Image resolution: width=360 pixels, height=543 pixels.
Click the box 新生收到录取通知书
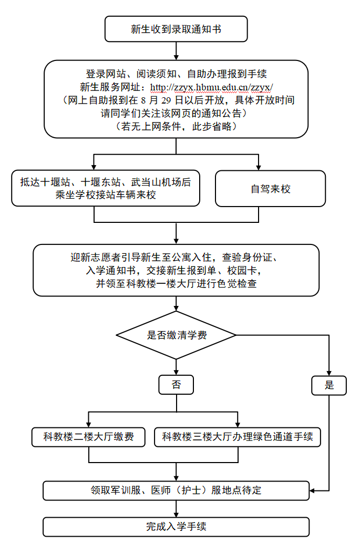point(176,29)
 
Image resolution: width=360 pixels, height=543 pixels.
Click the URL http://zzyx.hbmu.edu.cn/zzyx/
point(211,87)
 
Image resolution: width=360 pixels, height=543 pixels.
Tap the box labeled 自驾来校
point(270,189)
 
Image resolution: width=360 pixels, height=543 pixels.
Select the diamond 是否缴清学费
point(176,335)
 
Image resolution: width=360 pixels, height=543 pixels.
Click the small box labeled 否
point(176,384)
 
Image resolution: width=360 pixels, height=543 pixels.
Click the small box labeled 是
point(329,385)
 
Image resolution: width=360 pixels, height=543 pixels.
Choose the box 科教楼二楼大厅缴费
point(89,437)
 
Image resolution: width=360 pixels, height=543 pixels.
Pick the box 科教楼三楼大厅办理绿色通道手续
point(238,437)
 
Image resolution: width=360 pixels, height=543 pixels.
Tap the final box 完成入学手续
point(176,527)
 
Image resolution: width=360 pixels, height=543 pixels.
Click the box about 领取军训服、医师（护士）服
point(176,490)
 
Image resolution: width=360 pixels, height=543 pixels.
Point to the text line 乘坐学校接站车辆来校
point(106,195)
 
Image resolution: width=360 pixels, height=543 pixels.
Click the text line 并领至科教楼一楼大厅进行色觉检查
point(176,284)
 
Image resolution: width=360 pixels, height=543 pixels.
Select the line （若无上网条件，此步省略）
point(176,126)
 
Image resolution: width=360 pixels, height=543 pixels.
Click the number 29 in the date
point(166,100)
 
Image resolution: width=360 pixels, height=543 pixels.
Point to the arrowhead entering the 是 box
point(329,373)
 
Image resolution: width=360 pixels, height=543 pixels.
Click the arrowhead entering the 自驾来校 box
point(259,168)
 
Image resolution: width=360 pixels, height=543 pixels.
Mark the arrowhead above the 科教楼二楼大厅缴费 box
point(89,425)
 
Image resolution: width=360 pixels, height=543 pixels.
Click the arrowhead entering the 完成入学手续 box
point(176,515)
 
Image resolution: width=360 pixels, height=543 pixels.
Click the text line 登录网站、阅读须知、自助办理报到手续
point(176,74)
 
